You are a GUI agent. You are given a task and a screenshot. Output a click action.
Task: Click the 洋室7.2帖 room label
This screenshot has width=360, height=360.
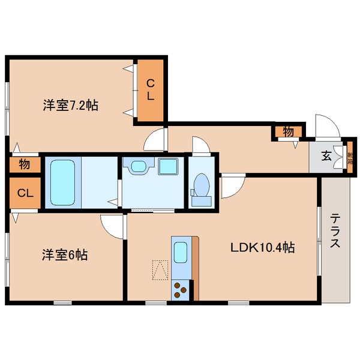[x=70, y=106]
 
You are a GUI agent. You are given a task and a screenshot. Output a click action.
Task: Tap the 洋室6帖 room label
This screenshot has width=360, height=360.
[x=65, y=255]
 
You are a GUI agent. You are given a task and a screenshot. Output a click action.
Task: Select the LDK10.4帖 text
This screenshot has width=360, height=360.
[x=263, y=247]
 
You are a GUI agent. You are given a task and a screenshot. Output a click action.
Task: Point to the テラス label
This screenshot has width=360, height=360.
[x=335, y=232]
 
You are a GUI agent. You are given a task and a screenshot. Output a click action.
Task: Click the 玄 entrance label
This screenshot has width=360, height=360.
[x=326, y=157]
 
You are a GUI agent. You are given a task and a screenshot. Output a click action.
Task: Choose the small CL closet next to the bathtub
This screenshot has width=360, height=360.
[x=24, y=193]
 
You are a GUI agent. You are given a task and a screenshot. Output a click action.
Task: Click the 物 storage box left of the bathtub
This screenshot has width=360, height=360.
[x=24, y=164]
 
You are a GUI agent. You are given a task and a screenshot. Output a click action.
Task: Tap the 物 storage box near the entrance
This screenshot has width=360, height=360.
[x=288, y=130]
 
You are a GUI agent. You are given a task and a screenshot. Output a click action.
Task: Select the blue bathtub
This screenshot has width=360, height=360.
[x=63, y=182]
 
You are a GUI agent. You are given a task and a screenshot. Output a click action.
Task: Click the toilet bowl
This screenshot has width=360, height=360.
[x=202, y=185]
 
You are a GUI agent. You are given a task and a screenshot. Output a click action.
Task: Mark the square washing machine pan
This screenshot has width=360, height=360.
[x=168, y=166]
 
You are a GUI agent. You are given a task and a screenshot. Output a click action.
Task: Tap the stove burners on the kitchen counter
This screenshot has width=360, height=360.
[x=180, y=290]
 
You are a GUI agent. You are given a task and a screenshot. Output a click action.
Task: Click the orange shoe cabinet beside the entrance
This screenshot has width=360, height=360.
[x=350, y=158]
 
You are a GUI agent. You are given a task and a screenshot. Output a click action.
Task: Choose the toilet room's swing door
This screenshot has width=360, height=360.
[x=199, y=146]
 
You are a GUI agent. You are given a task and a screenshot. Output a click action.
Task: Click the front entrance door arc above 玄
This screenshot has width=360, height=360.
[x=327, y=125]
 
